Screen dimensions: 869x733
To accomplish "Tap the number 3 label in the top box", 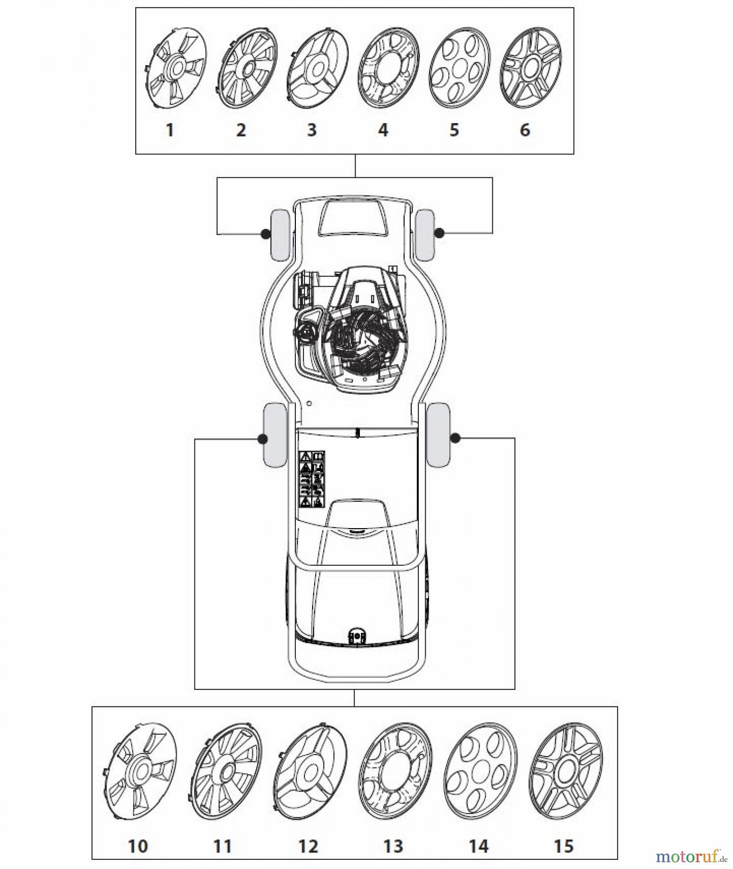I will click(x=312, y=130).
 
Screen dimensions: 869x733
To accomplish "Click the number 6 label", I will click(x=525, y=130).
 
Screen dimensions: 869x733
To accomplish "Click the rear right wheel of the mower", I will click(x=438, y=434).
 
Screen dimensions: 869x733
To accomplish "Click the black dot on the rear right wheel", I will click(x=455, y=438).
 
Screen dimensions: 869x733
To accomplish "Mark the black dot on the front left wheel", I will click(x=264, y=234).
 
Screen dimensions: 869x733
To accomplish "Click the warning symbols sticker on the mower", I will click(x=312, y=479).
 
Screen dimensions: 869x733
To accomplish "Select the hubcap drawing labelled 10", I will click(x=139, y=771).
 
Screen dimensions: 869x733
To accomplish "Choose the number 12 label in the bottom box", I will click(x=308, y=846).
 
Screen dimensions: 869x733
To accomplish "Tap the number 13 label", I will click(x=393, y=846).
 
